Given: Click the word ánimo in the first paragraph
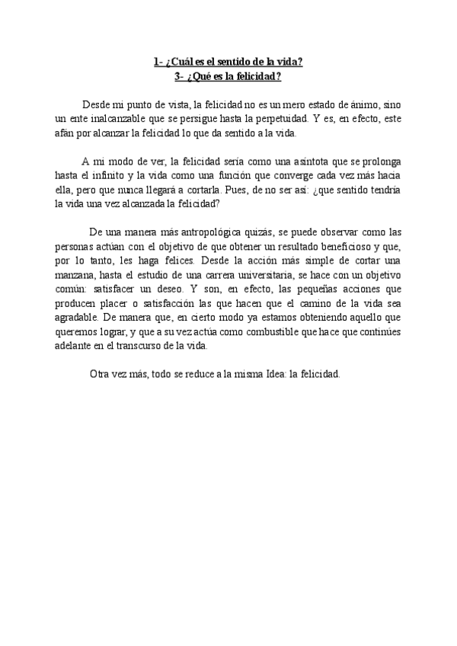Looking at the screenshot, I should pos(359,104).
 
